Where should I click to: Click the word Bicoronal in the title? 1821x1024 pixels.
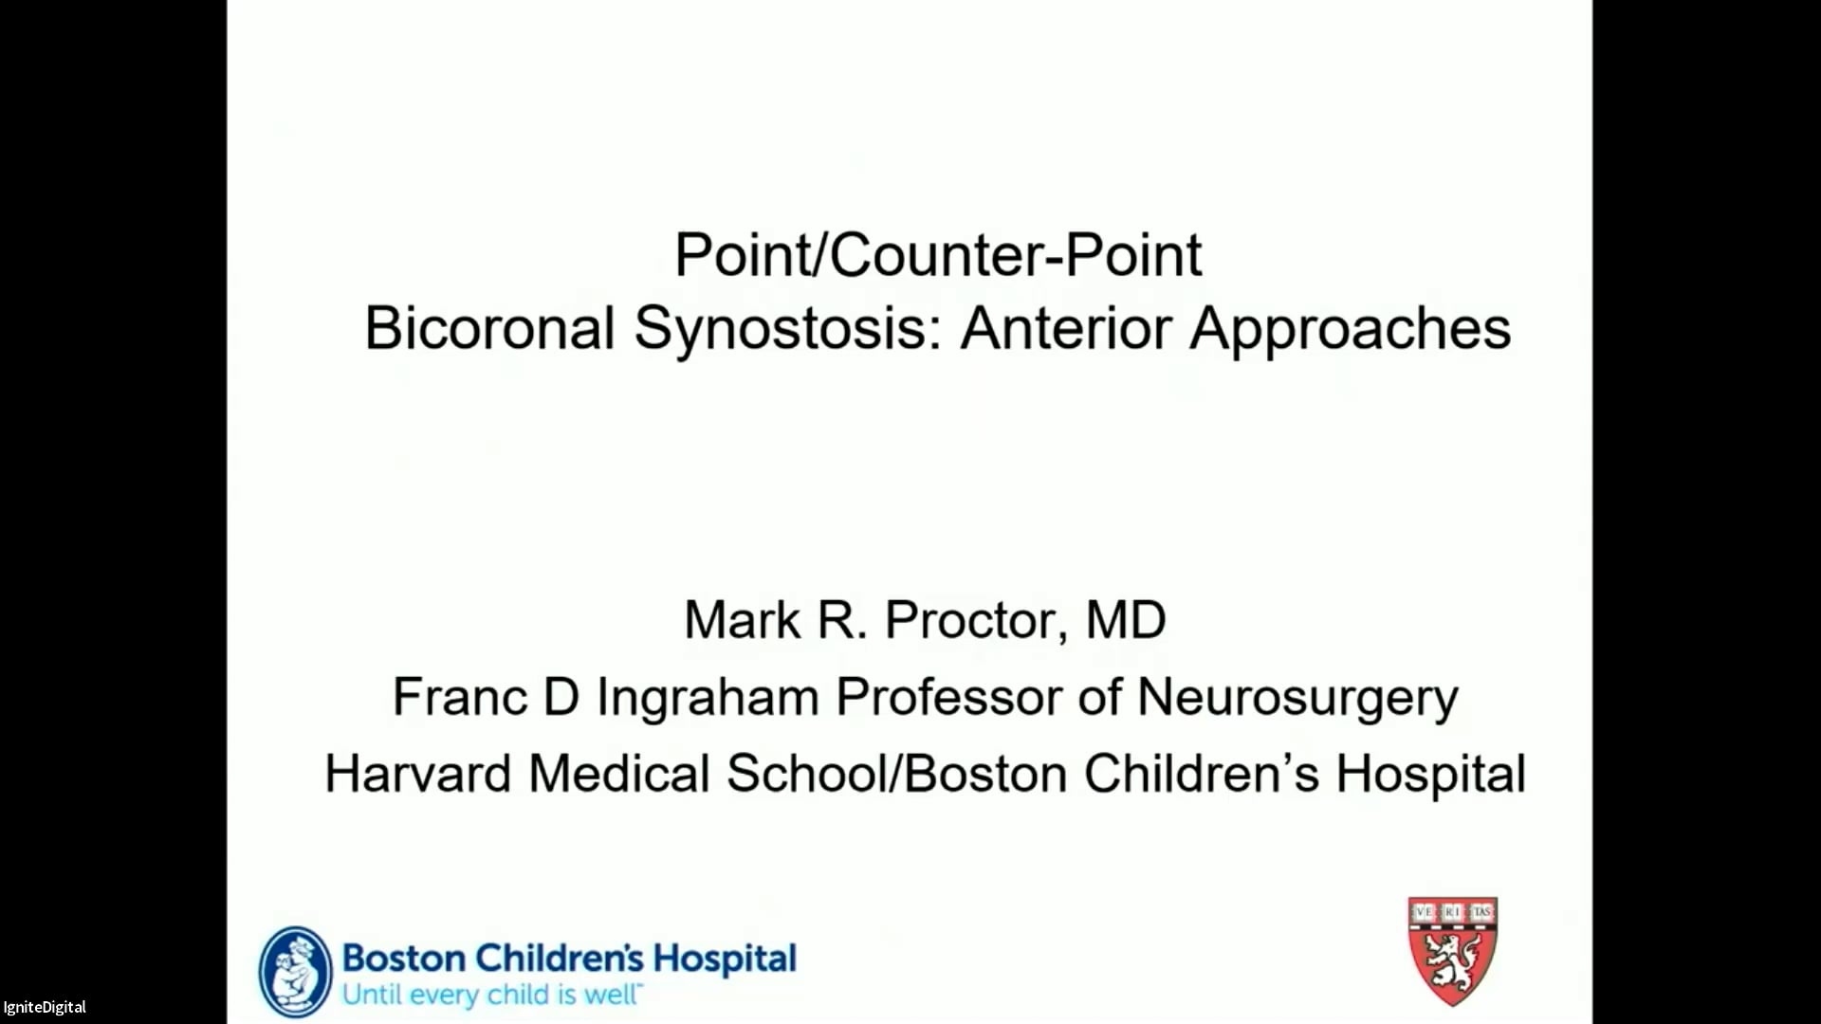point(489,328)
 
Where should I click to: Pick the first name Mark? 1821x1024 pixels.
point(742,620)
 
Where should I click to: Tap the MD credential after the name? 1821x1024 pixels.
point(1126,620)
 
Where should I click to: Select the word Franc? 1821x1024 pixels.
point(459,697)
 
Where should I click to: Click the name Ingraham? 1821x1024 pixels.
point(708,699)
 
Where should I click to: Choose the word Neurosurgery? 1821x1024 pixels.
point(1297,699)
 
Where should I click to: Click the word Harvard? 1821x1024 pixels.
point(417,774)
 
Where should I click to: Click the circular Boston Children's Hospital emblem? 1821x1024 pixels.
point(296,972)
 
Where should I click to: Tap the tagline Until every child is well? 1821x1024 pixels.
point(491,995)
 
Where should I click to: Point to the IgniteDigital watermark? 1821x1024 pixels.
point(45,1007)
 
